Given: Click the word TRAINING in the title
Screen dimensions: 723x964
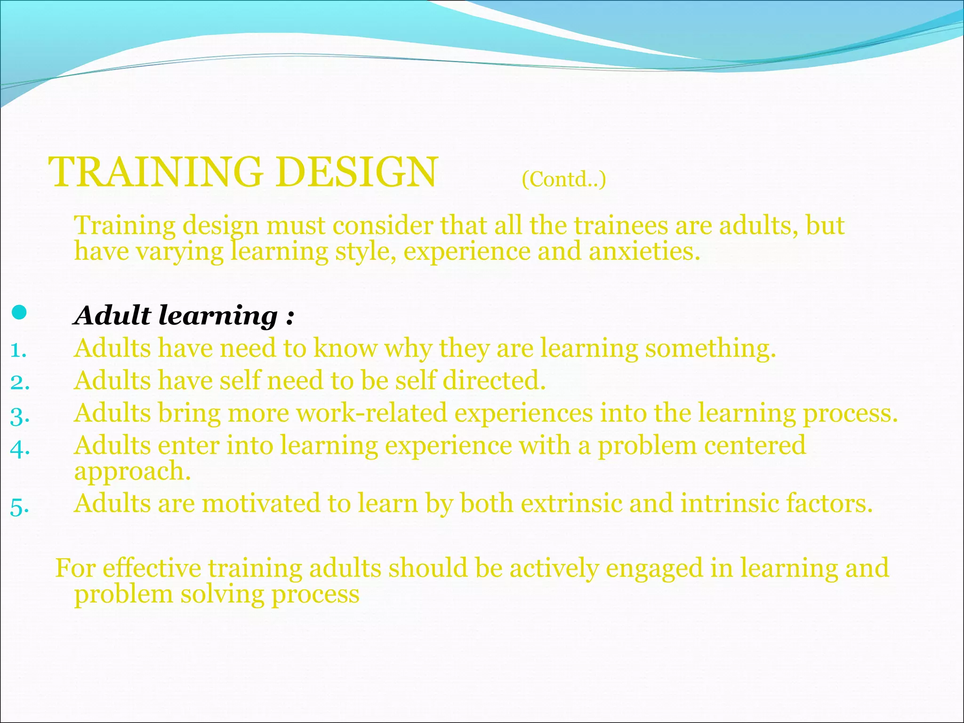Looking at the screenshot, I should pos(155,172).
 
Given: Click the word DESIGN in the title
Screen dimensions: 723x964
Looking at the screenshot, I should pos(357,172).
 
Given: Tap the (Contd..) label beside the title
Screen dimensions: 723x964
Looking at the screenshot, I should pos(563,179).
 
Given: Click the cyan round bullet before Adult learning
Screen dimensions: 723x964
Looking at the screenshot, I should pos(19,313).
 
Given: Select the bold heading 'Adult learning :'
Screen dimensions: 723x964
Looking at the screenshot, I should pos(184,315).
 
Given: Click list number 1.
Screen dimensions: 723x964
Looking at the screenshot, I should pos(18,350).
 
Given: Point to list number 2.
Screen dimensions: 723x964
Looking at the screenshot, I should pos(20,382).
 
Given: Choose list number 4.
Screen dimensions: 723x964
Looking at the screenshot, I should pos(20,448).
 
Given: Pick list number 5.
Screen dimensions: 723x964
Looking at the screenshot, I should pos(20,506).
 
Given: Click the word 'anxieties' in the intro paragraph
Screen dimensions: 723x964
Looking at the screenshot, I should pos(644,251).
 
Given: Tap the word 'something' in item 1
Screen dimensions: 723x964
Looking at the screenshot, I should pos(710,349).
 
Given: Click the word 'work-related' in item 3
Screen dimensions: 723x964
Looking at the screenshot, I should pos(371,413).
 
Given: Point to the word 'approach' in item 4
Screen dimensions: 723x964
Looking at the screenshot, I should pos(132,472).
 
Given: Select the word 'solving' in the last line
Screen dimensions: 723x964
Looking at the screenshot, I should pos(222,594).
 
